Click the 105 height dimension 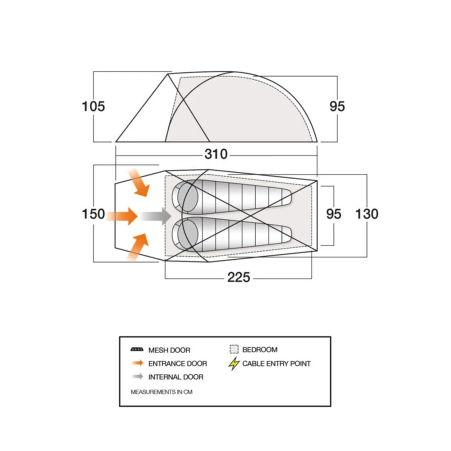(x=93, y=107)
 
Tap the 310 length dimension (x=216, y=154)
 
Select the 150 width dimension (x=93, y=214)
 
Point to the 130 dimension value (x=367, y=214)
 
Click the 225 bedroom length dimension (x=239, y=277)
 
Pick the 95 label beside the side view (x=337, y=106)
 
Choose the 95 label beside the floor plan (x=334, y=214)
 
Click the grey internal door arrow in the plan (x=155, y=216)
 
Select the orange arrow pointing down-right (x=139, y=182)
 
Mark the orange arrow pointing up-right (x=138, y=248)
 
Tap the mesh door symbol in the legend (x=136, y=350)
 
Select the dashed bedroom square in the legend (x=234, y=350)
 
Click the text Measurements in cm (x=161, y=392)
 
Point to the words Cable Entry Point (x=276, y=364)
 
